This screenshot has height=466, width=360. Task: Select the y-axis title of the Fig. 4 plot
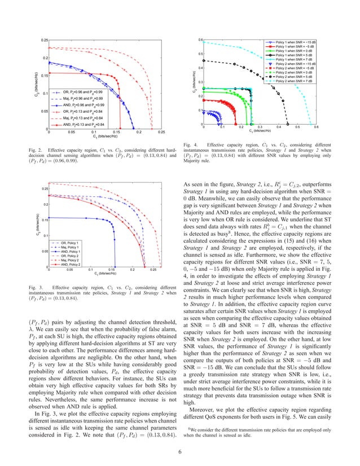point(193,82)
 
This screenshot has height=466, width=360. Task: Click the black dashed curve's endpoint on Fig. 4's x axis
point(288,124)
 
